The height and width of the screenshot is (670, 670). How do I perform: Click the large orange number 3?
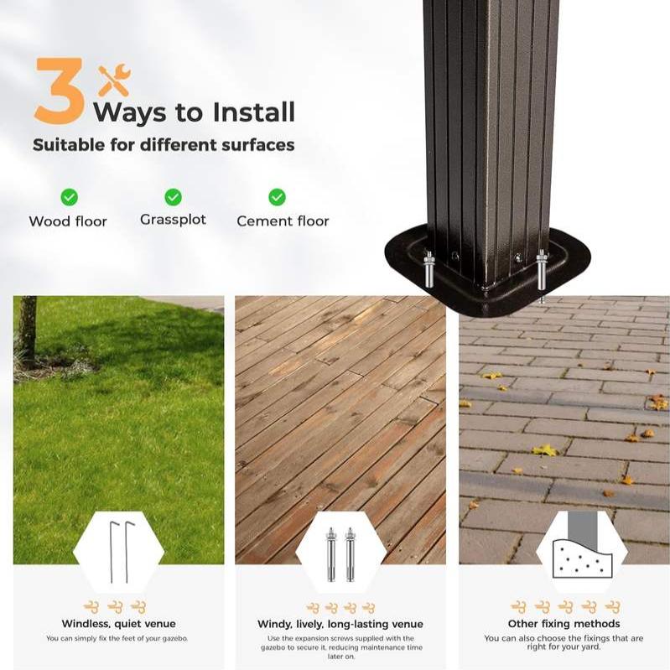60,91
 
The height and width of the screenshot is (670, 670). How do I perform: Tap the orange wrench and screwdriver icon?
114,80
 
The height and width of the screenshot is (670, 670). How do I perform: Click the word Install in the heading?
254,112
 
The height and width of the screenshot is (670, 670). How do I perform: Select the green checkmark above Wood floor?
70,197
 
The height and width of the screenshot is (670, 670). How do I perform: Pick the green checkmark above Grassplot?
173,197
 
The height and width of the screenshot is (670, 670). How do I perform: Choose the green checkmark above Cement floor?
277,197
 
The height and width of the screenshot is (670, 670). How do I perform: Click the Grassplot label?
173,220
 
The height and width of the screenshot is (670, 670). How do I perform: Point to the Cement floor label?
283,221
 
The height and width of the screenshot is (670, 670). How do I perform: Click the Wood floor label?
68,221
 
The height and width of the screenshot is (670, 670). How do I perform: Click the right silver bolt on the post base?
542,274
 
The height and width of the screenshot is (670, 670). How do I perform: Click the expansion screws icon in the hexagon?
340,554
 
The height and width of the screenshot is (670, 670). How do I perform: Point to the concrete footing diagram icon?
582,546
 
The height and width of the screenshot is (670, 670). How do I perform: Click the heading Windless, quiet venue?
119,624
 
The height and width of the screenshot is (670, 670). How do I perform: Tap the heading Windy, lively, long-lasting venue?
340,624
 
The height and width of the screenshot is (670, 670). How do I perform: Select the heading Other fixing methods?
564,624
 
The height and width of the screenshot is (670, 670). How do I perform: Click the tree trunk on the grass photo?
29,328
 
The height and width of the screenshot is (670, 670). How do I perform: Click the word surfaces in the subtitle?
258,145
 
